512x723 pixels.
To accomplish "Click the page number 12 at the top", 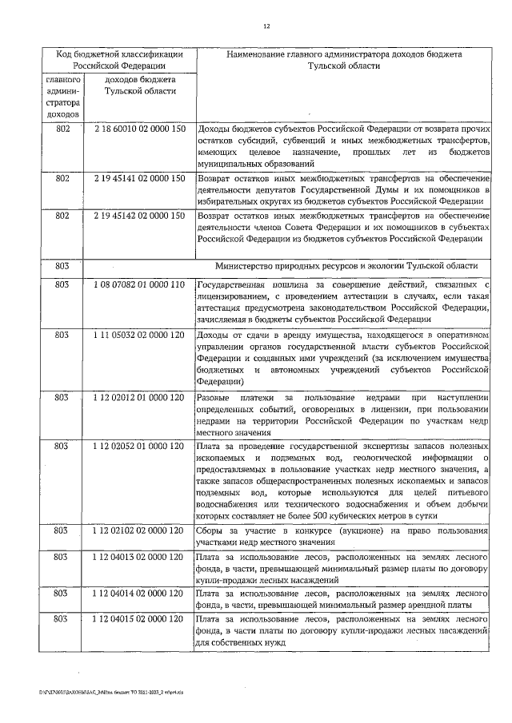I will click(266, 26).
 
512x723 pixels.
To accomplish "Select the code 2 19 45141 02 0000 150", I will click(140, 179).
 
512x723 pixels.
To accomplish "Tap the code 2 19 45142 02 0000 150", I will click(140, 217).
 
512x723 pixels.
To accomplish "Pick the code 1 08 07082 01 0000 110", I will click(140, 285).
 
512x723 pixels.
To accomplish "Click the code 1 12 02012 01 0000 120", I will click(140, 397).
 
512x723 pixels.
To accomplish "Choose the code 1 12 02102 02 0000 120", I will click(140, 531).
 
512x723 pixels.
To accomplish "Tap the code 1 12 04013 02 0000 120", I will click(140, 557).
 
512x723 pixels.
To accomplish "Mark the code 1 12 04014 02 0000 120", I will click(140, 594).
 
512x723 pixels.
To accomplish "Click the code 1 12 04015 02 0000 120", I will click(140, 619).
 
